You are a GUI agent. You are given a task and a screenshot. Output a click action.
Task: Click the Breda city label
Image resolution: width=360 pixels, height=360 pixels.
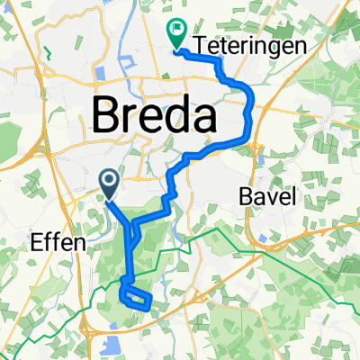155,115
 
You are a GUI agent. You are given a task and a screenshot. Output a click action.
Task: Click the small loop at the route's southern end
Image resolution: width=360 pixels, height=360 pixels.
135,298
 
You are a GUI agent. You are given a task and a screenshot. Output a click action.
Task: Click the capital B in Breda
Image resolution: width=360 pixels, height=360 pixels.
109,115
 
